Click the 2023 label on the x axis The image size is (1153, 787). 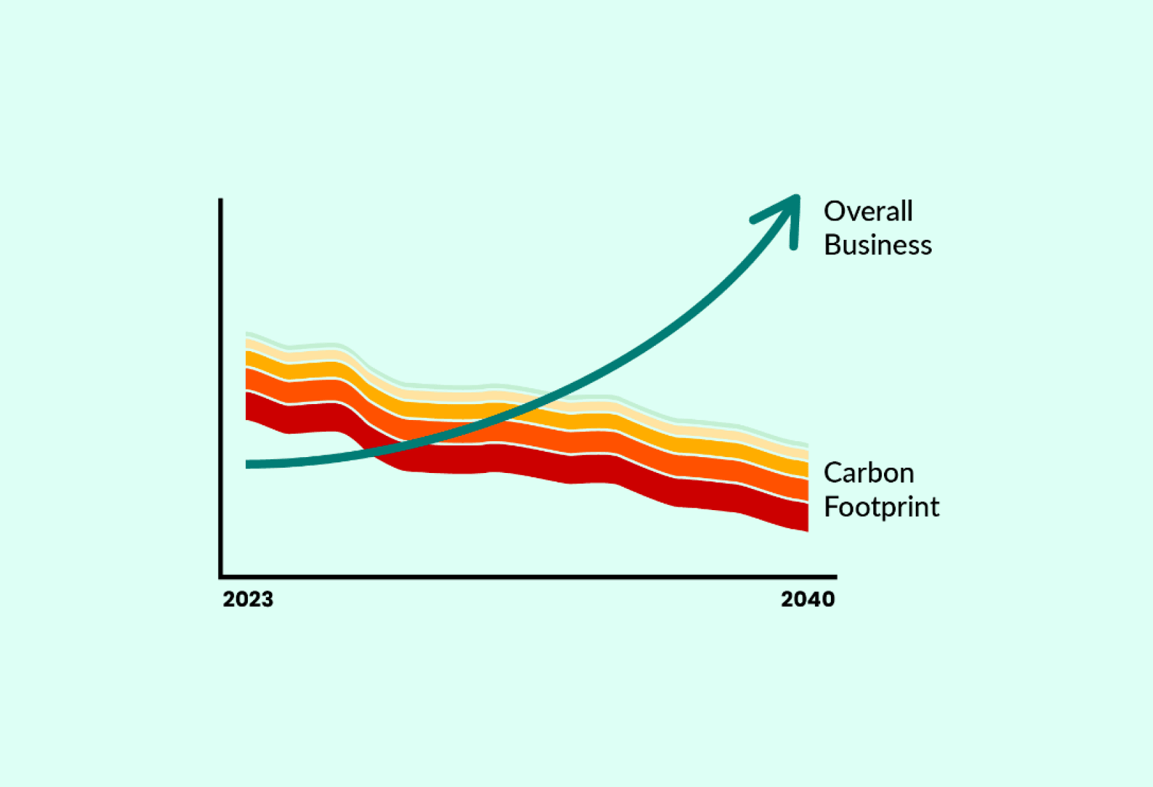click(248, 600)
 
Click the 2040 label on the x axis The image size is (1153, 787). click(808, 600)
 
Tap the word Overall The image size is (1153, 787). click(868, 211)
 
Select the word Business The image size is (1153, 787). click(877, 245)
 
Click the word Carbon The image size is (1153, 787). click(869, 473)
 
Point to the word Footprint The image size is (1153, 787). click(881, 507)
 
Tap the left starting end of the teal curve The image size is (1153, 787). click(248, 464)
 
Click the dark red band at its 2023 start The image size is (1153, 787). click(252, 406)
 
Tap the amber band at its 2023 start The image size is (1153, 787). click(252, 360)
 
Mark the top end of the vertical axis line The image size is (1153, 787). click(221, 201)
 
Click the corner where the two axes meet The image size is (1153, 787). click(221, 577)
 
